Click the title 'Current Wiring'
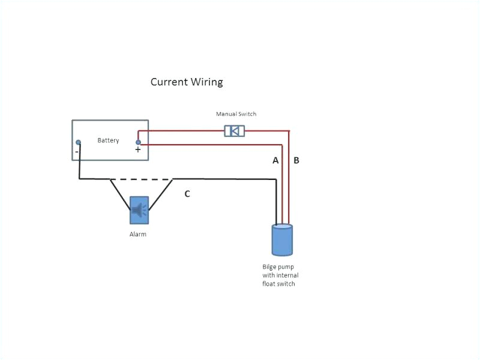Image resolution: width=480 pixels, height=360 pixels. [x=187, y=82]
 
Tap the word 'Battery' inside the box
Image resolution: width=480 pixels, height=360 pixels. [x=109, y=140]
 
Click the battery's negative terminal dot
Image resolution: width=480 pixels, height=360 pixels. [x=78, y=142]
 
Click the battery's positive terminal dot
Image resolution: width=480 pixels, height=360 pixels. [x=139, y=142]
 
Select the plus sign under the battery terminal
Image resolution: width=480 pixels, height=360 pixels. [x=138, y=150]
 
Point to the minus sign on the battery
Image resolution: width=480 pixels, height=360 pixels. [x=77, y=152]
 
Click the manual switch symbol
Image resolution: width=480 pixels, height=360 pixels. [x=234, y=130]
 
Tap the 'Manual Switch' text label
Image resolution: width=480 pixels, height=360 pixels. [x=236, y=114]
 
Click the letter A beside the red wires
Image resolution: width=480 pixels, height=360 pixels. [x=276, y=161]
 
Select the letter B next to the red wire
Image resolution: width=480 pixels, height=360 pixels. [x=296, y=161]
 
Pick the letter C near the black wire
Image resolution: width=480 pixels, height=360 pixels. [x=187, y=194]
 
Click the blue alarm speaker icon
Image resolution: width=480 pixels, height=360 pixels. [x=139, y=210]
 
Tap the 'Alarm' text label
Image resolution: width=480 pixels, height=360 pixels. [x=138, y=235]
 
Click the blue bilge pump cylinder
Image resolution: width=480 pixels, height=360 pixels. [x=282, y=239]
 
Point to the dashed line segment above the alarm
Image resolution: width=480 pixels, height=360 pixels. [x=141, y=179]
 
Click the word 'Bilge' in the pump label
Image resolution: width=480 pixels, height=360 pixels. [x=270, y=266]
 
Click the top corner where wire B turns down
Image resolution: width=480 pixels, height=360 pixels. [x=289, y=131]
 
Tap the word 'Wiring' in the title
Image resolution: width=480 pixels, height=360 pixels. [x=206, y=82]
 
